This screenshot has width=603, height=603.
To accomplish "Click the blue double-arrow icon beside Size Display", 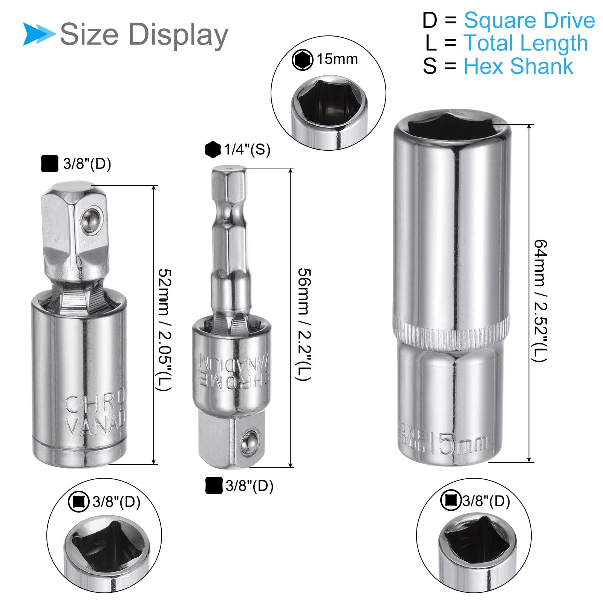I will coord(38,34).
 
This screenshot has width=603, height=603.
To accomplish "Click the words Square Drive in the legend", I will coord(529,20).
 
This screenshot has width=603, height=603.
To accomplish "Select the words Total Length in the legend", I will coord(525,43).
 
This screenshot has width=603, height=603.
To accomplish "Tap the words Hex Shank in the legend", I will coord(518,66).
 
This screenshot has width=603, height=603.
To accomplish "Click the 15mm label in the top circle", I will coord(337,59).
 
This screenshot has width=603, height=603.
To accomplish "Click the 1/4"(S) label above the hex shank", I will coord(247,150).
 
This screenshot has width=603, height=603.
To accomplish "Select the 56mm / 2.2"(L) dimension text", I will coord(304,324).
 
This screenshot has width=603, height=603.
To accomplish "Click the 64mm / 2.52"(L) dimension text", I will coord(540,300).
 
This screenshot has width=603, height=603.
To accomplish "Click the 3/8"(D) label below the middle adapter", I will coord(249,486).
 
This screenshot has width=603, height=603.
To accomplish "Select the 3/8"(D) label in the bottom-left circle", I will coord(116,502).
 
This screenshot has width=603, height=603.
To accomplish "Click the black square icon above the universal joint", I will coord(49,164).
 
